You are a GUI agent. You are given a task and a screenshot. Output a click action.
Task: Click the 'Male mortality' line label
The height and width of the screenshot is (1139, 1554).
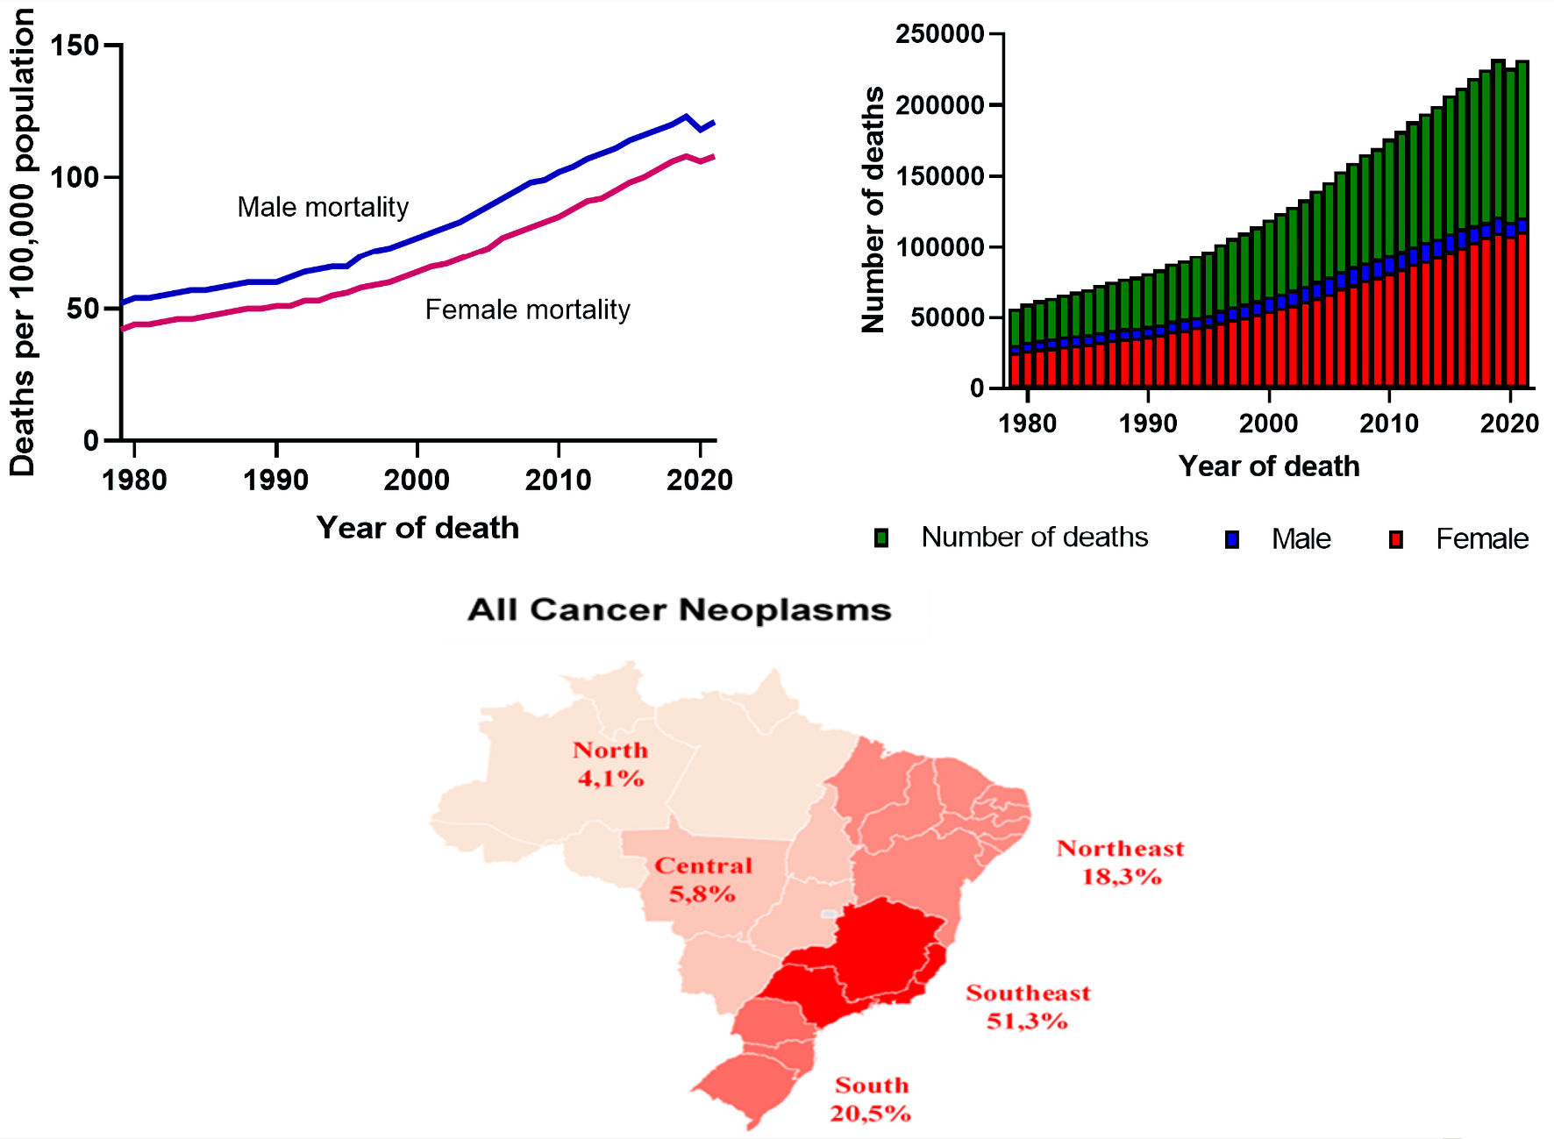coord(323,207)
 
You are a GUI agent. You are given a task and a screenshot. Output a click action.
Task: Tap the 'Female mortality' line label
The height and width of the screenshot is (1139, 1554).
coord(527,310)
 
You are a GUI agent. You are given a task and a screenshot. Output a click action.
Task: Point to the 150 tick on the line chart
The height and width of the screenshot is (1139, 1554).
coord(74,46)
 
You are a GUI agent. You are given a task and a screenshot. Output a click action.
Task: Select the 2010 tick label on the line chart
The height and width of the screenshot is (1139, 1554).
coord(558,480)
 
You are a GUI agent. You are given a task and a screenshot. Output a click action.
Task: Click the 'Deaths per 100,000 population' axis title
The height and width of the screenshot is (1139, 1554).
coord(22,243)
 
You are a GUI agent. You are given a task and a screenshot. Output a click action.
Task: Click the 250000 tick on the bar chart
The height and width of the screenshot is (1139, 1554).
coord(939,34)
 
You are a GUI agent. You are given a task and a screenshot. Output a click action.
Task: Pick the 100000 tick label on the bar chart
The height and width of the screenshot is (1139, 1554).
coord(939,247)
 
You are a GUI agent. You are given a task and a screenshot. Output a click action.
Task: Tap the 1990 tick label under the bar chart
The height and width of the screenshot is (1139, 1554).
coord(1148,424)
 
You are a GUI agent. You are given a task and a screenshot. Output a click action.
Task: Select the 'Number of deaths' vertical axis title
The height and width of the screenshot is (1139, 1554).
coord(873,210)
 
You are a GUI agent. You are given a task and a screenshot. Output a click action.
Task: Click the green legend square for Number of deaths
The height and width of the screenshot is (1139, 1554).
coord(881,538)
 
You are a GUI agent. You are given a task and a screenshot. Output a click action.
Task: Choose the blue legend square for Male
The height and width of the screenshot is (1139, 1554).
coord(1232,539)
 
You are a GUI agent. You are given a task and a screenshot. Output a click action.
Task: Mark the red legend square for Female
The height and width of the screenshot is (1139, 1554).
coord(1396,539)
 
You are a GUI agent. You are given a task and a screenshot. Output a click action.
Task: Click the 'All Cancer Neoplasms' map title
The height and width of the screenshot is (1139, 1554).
coord(680,609)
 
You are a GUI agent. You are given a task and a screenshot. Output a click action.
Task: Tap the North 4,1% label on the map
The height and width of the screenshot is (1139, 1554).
coord(610,764)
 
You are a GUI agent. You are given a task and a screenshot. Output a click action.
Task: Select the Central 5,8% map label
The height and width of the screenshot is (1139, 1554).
coord(702,879)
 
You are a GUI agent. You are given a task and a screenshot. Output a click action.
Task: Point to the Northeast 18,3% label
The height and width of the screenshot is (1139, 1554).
coord(1120,862)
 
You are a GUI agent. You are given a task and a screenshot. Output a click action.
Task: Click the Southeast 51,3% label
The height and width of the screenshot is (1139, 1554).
coord(1028,1007)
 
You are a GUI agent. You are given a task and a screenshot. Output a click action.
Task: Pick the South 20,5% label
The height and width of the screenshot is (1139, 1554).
coord(871,1099)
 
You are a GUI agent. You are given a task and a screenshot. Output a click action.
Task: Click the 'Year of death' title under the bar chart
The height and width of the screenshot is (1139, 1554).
coord(1268,466)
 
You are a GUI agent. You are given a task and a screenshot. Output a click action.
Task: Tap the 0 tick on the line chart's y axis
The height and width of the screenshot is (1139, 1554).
coord(91,441)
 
